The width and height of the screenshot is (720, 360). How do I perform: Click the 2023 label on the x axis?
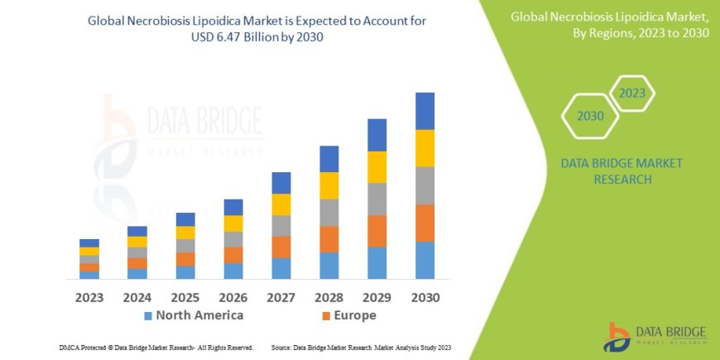click(x=89, y=297)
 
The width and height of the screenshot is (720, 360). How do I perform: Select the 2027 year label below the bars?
click(x=281, y=297)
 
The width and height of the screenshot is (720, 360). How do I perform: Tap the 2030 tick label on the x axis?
click(x=425, y=297)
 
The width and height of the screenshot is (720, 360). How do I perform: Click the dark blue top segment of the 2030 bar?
click(x=425, y=111)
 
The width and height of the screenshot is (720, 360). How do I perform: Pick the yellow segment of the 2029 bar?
click(x=377, y=167)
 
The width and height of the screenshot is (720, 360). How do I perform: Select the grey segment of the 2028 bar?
click(x=329, y=213)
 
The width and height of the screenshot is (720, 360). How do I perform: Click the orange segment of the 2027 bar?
click(x=281, y=247)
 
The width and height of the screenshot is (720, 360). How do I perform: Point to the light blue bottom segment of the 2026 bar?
click(x=233, y=271)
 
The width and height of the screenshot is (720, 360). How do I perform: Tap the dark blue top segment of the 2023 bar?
click(x=89, y=242)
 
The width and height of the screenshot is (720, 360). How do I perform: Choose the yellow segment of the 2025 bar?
click(x=185, y=233)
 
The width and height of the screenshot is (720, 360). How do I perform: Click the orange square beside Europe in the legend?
click(x=326, y=316)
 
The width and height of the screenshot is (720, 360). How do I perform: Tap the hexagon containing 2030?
click(x=590, y=116)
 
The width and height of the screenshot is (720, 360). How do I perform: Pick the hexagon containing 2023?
click(x=631, y=94)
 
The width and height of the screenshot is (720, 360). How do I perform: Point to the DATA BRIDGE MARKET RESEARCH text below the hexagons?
click(x=622, y=170)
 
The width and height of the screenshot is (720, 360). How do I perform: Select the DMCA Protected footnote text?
click(x=156, y=348)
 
